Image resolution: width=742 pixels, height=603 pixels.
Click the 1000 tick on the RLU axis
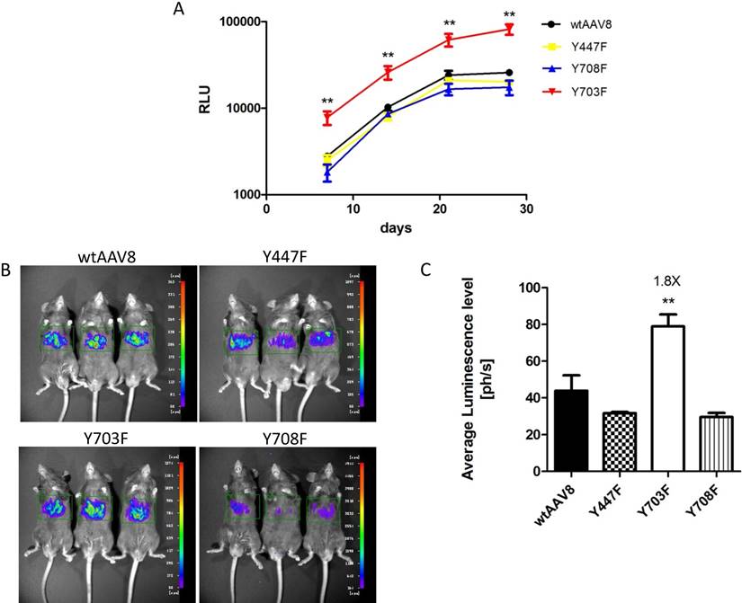point(241,194)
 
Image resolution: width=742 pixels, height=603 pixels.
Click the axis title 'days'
point(396,227)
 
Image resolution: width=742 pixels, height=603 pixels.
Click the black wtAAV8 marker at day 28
point(509,73)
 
